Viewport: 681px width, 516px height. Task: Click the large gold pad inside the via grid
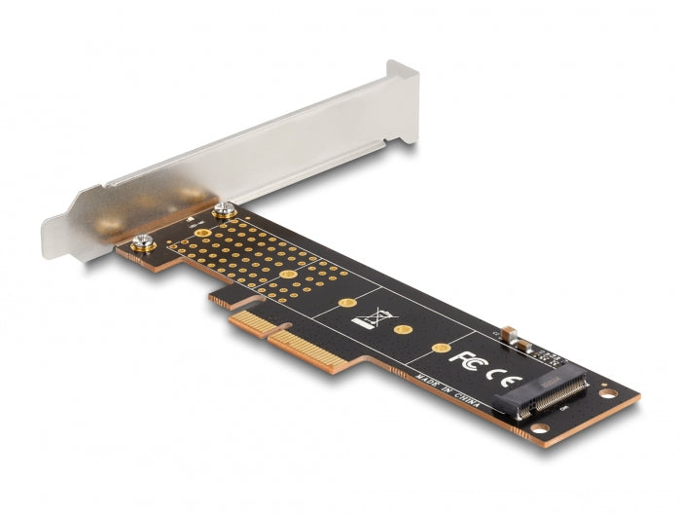tap(289, 276)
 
